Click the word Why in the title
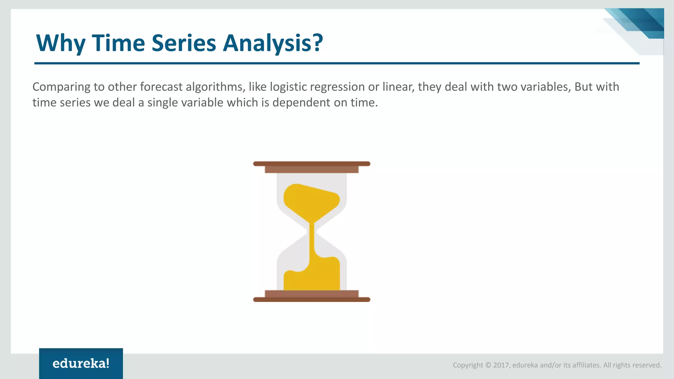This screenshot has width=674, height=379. [x=61, y=43]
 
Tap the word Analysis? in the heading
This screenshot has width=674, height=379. [x=273, y=43]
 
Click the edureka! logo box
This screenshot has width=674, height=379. [x=81, y=363]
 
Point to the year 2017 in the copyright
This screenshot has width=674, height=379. [x=501, y=365]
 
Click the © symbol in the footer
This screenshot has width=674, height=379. [x=488, y=365]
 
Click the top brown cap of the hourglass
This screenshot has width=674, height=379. [x=311, y=164]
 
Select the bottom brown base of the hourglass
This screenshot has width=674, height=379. [x=311, y=299]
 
